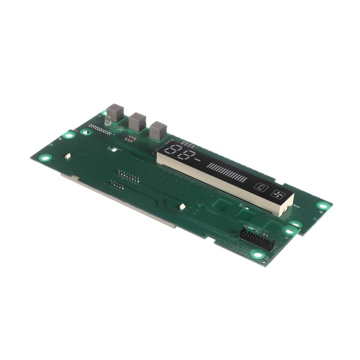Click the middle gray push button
137,122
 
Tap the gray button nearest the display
158,130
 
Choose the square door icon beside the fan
260,187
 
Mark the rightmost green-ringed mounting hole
323,205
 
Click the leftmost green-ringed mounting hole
45,158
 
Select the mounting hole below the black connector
258,254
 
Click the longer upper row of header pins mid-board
129,176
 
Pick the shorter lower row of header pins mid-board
118,185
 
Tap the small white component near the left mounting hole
68,156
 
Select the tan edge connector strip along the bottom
120,200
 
